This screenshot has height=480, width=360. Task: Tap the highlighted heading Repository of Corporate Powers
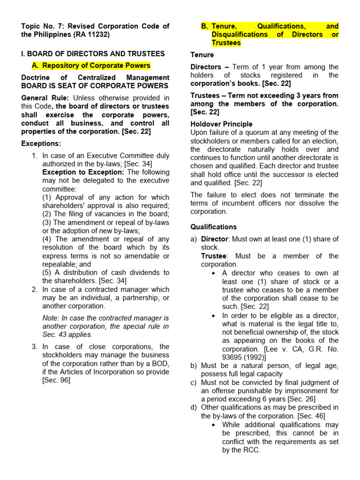click(x=96, y=66)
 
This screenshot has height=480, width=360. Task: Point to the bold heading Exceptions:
click(x=41, y=143)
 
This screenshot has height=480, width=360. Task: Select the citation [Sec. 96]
click(x=56, y=380)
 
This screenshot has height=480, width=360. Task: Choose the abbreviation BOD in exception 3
click(x=162, y=363)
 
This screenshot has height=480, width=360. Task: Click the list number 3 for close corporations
click(x=34, y=346)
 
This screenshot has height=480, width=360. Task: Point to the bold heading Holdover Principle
click(x=221, y=124)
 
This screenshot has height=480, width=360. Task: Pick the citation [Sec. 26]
click(x=299, y=399)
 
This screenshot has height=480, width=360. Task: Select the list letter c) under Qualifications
click(x=194, y=382)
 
